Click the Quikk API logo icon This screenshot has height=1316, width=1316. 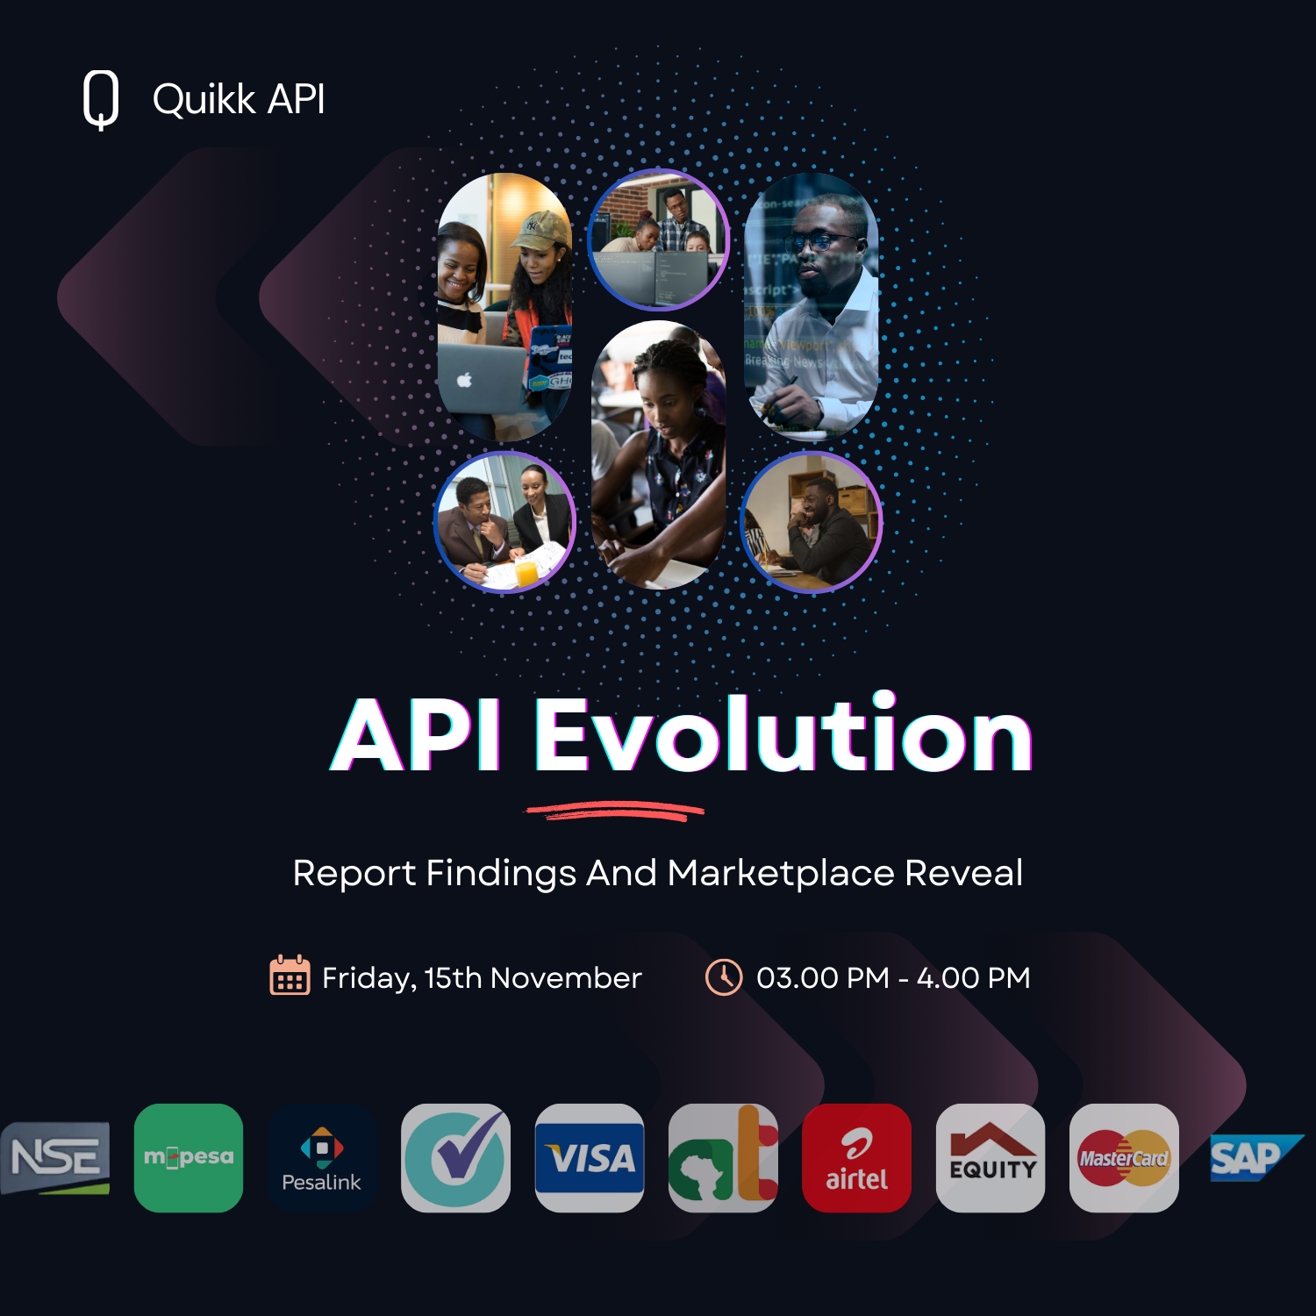pyautogui.click(x=101, y=99)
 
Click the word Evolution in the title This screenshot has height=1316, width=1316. pyautogui.click(x=783, y=735)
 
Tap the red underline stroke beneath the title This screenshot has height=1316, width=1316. pyautogui.click(x=614, y=811)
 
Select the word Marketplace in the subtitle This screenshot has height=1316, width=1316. pyautogui.click(x=781, y=873)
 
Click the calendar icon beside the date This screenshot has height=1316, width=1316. pyautogui.click(x=290, y=976)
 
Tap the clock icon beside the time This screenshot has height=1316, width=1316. pyautogui.click(x=724, y=976)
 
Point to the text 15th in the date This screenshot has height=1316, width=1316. pyautogui.click(x=453, y=977)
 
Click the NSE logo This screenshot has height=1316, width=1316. pyautogui.click(x=55, y=1157)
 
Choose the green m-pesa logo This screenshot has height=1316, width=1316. pyautogui.click(x=189, y=1157)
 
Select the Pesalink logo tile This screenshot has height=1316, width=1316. pyautogui.click(x=322, y=1157)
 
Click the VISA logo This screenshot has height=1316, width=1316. pyautogui.click(x=590, y=1158)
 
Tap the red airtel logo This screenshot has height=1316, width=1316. pyautogui.click(x=856, y=1158)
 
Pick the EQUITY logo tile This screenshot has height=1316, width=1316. pyautogui.click(x=991, y=1157)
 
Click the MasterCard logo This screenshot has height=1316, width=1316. pyautogui.click(x=1124, y=1158)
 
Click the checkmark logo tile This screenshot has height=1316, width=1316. pyautogui.click(x=455, y=1157)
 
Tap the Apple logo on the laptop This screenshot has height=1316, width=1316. pyautogui.click(x=465, y=380)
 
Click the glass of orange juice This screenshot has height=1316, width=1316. pyautogui.click(x=526, y=572)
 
